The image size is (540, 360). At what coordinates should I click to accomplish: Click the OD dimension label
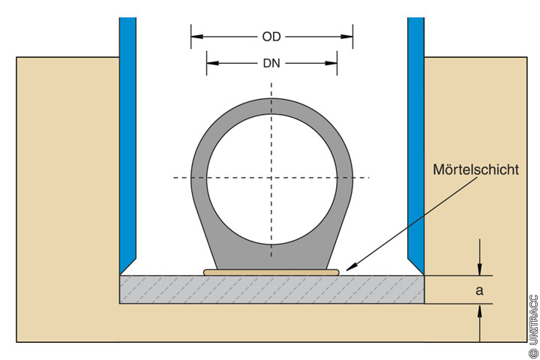(271, 35)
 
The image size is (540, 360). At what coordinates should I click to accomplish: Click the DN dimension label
(271, 64)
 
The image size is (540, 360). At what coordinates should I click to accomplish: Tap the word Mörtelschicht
(475, 170)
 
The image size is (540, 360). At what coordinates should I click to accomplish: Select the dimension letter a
(479, 289)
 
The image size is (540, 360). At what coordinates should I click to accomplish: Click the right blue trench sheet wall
(415, 135)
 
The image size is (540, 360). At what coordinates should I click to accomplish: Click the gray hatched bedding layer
(225, 289)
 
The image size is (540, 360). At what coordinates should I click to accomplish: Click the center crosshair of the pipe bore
(271, 178)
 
